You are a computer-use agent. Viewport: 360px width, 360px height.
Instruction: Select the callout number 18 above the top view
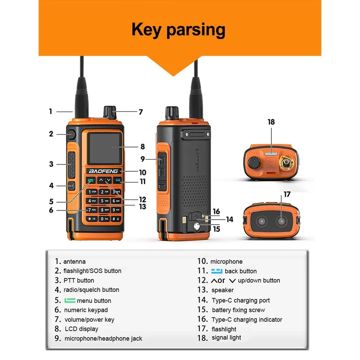(271, 122)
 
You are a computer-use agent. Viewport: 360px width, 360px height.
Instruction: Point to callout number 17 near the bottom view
(287, 194)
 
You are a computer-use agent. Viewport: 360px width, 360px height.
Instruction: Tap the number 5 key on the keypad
(104, 201)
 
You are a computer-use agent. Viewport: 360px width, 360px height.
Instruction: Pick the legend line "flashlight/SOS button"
(92, 271)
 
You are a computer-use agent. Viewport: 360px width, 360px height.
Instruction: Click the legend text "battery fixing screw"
(238, 310)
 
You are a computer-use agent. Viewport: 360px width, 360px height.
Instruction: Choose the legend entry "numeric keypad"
(86, 310)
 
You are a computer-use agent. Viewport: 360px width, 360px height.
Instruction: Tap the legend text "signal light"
(226, 337)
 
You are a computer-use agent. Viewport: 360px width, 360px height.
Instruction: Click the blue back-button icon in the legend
(217, 271)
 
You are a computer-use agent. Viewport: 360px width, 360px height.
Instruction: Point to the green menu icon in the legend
(70, 300)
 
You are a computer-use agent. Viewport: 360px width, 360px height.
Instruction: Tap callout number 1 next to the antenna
(50, 111)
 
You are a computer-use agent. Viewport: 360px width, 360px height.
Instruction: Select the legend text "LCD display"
(81, 329)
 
